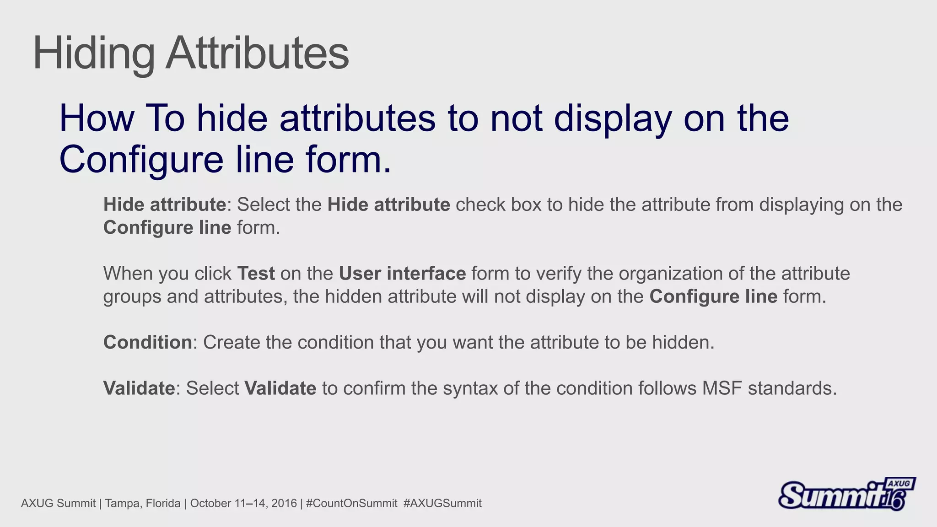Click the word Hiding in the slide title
pyautogui.click(x=94, y=54)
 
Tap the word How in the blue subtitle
pyautogui.click(x=97, y=118)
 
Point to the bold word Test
pyautogui.click(x=256, y=274)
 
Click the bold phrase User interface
pyautogui.click(x=402, y=274)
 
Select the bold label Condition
pyautogui.click(x=147, y=342)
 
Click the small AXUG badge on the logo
pyautogui.click(x=899, y=484)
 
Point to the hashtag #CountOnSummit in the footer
pyautogui.click(x=351, y=504)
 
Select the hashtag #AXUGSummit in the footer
pyautogui.click(x=442, y=504)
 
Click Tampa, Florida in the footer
pyautogui.click(x=142, y=504)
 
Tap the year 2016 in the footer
pyautogui.click(x=284, y=504)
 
